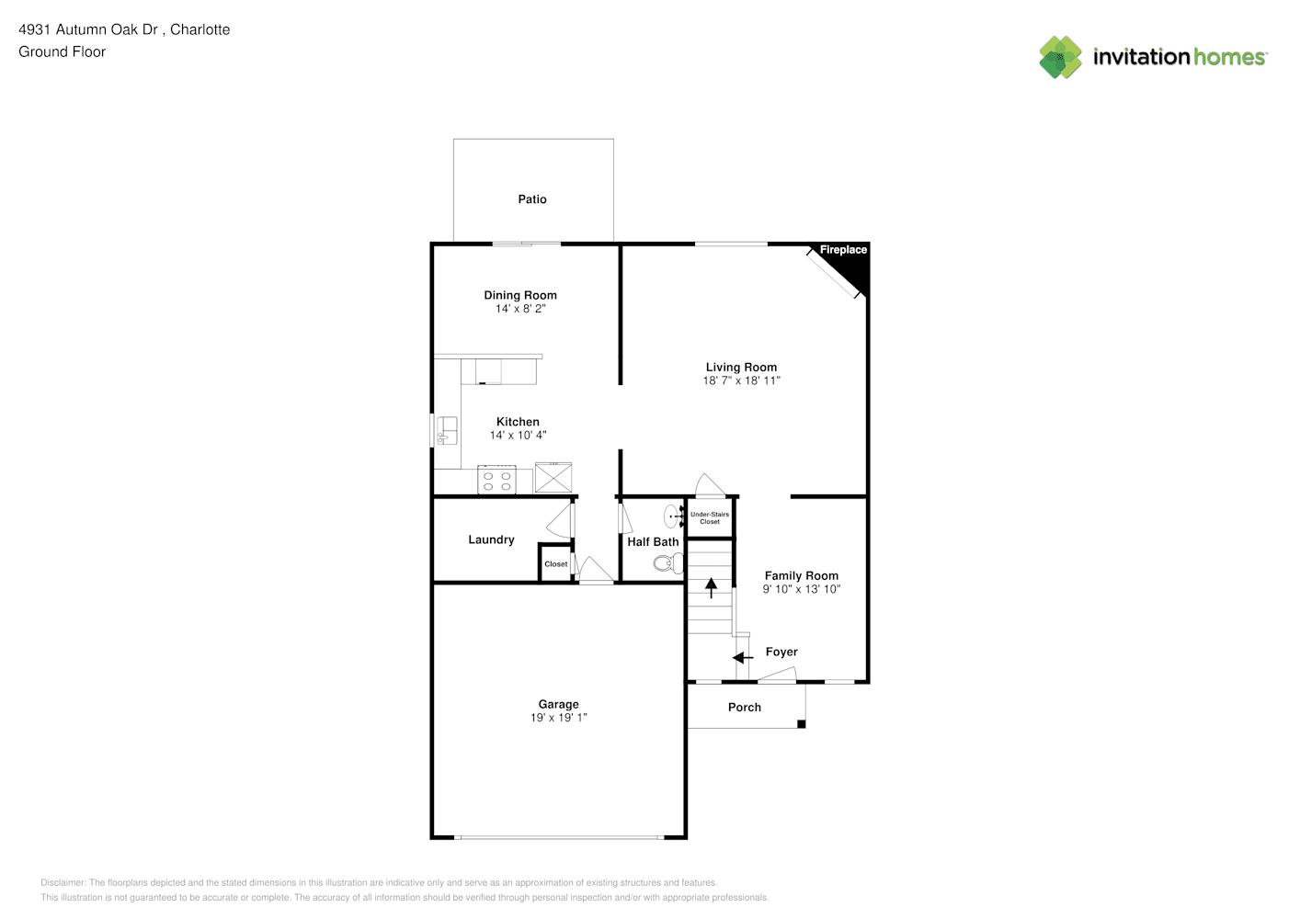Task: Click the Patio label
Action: click(x=532, y=199)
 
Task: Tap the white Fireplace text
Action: click(x=843, y=249)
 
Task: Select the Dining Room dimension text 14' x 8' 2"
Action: click(x=520, y=309)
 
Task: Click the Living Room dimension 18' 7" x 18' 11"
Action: click(x=741, y=380)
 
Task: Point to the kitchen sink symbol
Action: click(x=447, y=430)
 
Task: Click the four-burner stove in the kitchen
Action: click(x=496, y=480)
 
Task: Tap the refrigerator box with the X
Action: click(x=553, y=478)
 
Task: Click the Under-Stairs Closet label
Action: click(x=709, y=517)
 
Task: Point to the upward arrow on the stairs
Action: click(x=711, y=588)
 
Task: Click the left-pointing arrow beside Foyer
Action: click(x=742, y=658)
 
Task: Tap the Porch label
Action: click(x=745, y=708)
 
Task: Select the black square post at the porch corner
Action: click(x=802, y=724)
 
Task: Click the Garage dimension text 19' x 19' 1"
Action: click(x=558, y=718)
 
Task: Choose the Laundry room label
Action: click(x=491, y=539)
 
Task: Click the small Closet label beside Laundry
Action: click(x=556, y=564)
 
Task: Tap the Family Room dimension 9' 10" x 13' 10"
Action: click(x=802, y=589)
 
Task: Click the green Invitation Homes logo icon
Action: click(x=1060, y=57)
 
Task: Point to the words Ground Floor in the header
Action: click(x=63, y=51)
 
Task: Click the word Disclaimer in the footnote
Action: click(x=63, y=882)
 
